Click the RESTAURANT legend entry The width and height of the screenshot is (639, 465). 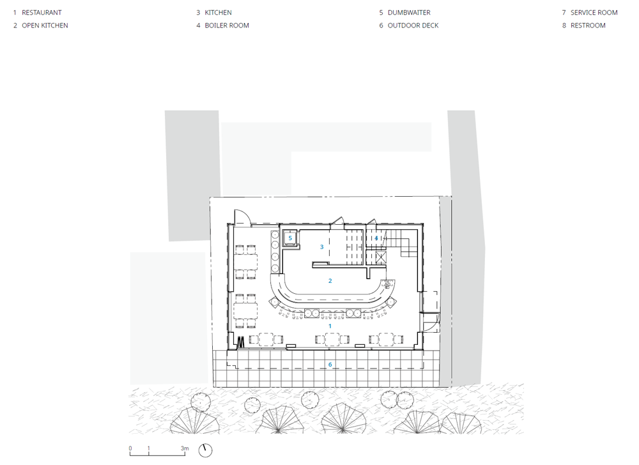click(x=37, y=13)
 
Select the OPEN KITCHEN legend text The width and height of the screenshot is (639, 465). click(x=40, y=26)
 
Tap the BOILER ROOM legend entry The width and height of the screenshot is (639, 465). click(x=222, y=26)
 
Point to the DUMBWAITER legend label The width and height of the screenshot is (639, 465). click(x=404, y=13)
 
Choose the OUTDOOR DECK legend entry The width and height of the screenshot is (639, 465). click(x=409, y=26)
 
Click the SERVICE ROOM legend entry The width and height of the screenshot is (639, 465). click(x=590, y=13)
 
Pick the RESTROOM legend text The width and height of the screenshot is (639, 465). click(x=583, y=26)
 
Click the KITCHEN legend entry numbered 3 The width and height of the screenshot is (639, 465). click(x=214, y=13)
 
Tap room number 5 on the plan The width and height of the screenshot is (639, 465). click(x=290, y=238)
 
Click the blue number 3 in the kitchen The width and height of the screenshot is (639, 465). click(x=322, y=247)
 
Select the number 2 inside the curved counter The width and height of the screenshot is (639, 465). click(x=330, y=280)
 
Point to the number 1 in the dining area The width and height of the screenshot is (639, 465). click(x=330, y=326)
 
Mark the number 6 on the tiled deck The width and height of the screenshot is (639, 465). click(x=330, y=365)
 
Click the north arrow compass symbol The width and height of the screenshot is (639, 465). click(x=205, y=450)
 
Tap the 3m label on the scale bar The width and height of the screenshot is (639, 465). click(x=185, y=448)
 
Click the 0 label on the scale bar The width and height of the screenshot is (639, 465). click(x=130, y=448)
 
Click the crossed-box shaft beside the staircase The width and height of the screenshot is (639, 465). click(x=381, y=257)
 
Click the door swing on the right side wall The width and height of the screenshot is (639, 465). click(x=433, y=323)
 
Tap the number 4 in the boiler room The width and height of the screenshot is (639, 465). click(x=376, y=238)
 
